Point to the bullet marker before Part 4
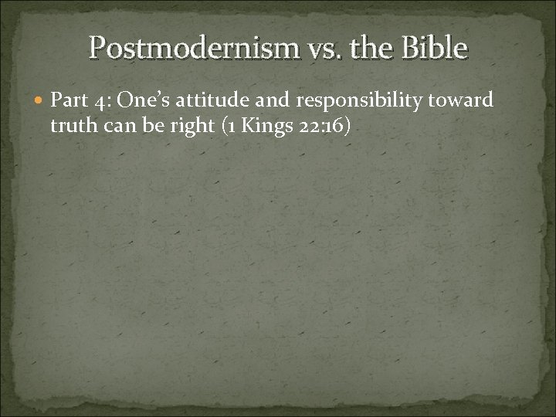click(40, 100)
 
